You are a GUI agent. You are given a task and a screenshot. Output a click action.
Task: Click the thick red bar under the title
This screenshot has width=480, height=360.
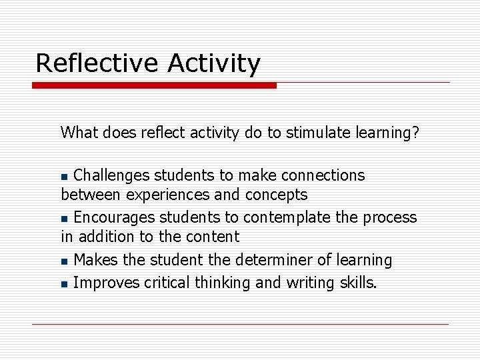(x=154, y=86)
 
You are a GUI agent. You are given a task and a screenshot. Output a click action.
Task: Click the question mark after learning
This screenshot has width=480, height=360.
(x=416, y=133)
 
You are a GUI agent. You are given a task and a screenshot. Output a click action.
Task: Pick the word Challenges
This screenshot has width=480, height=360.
(x=111, y=175)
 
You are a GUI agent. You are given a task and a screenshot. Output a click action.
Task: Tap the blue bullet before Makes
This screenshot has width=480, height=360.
(x=64, y=261)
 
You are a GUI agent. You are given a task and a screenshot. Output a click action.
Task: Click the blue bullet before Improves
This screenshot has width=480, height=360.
(x=64, y=285)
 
